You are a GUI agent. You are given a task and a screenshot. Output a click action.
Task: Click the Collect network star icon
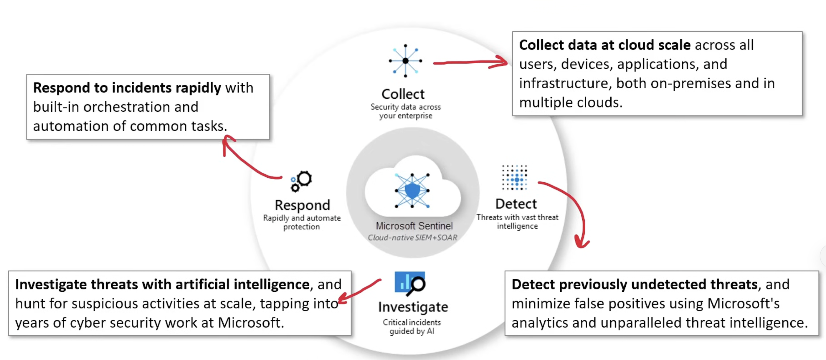(406, 61)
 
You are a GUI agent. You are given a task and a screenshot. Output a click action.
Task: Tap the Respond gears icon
(301, 181)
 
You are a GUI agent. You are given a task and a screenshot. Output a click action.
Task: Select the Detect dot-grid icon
(515, 178)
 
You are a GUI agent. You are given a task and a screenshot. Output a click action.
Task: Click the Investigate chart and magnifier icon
(410, 283)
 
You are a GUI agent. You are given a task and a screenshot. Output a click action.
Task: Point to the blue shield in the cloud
(412, 191)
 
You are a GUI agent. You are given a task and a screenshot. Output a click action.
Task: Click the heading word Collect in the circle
(403, 94)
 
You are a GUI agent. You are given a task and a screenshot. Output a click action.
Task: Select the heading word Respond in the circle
(302, 205)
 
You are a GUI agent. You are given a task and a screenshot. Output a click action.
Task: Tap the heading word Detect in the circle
(516, 204)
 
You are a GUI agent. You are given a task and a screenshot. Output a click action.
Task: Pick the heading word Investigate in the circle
(413, 307)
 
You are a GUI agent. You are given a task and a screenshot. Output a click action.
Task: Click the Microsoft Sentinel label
(414, 226)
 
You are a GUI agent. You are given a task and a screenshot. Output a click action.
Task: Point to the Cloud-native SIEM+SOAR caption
(412, 238)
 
